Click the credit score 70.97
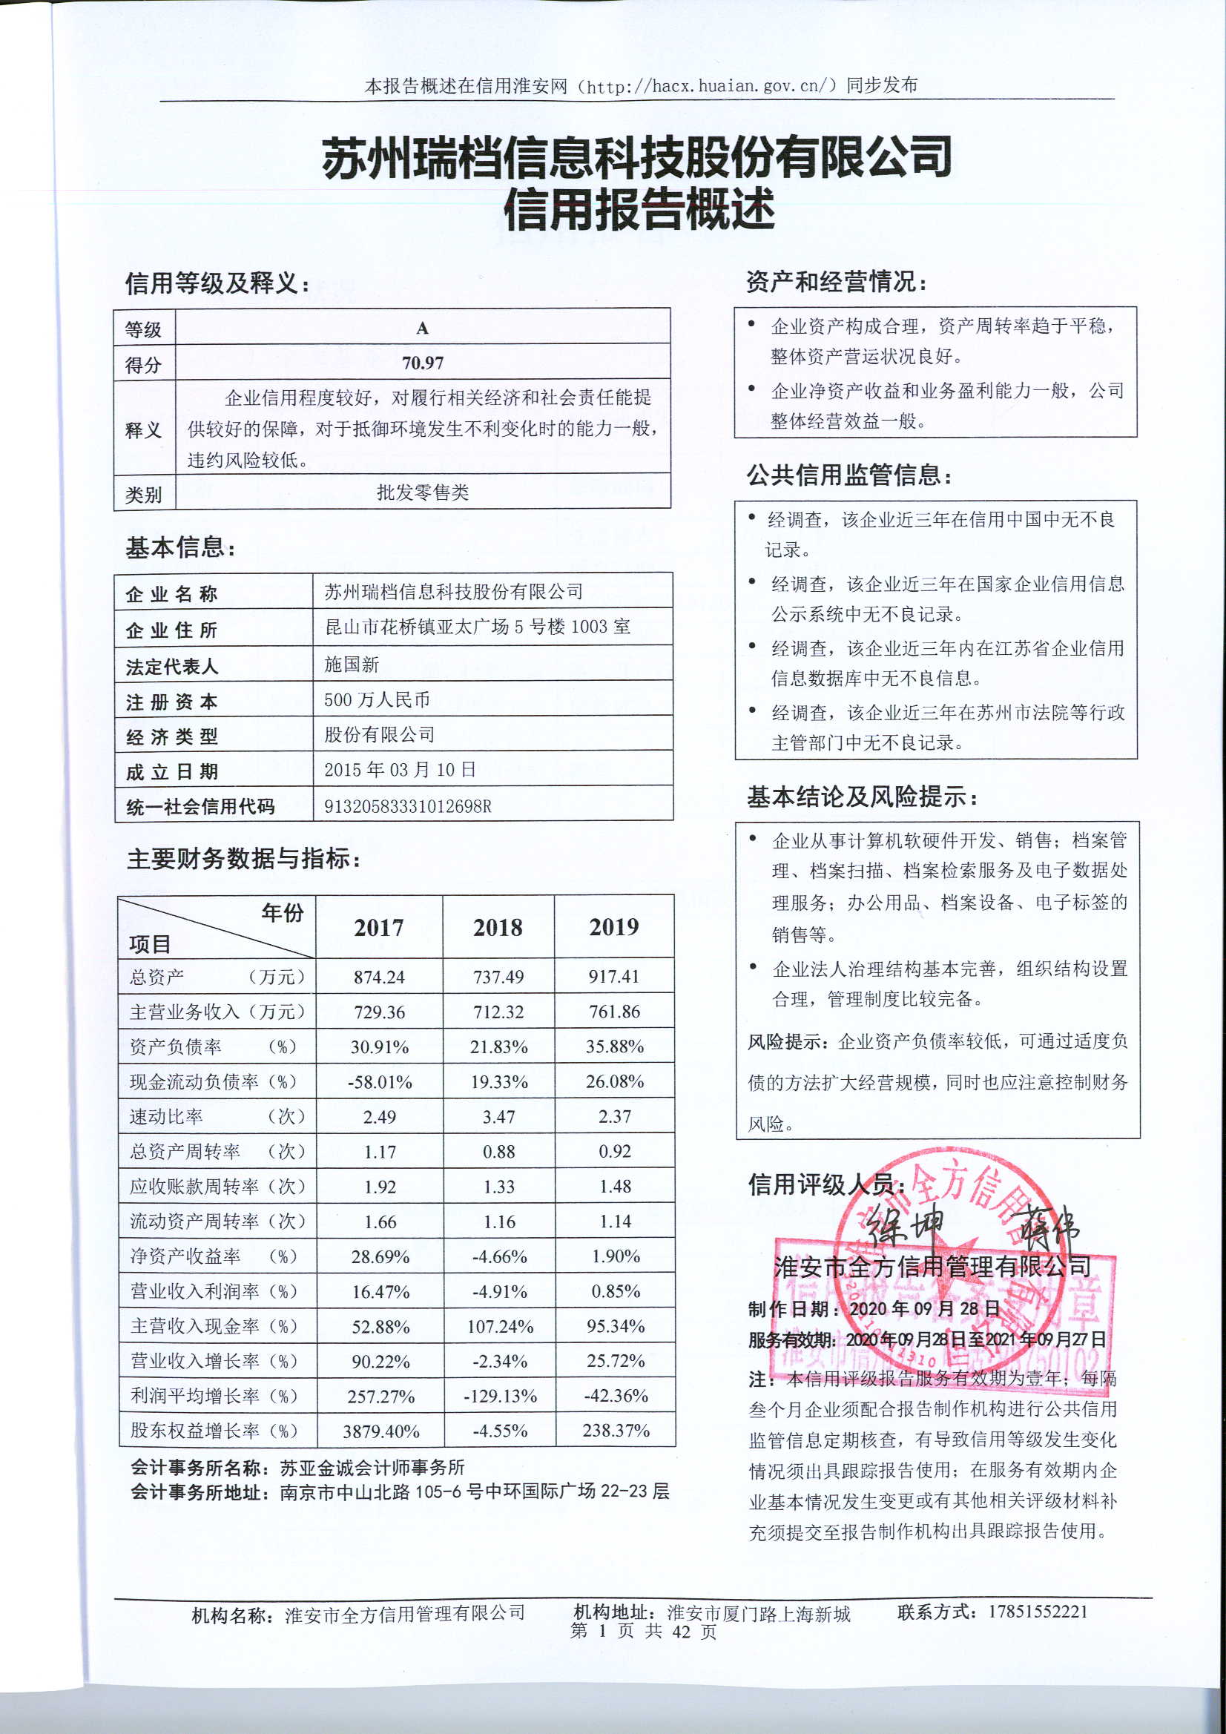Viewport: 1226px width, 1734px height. [422, 363]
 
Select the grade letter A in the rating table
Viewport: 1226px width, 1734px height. [422, 328]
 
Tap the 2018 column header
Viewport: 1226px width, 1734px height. [498, 927]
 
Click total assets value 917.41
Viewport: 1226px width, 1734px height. [614, 977]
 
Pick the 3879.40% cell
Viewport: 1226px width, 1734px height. [380, 1431]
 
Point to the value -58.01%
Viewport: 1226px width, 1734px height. [380, 1082]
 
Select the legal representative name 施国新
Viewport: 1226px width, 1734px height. [352, 664]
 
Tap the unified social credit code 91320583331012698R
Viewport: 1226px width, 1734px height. [408, 806]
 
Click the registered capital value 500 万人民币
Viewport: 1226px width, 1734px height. [377, 699]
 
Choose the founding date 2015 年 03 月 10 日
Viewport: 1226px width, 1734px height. [400, 770]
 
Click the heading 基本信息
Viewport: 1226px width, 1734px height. [180, 547]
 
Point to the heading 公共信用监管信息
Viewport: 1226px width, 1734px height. [849, 475]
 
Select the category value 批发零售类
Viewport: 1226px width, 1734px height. [422, 492]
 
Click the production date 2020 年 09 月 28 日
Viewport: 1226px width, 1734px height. [925, 1309]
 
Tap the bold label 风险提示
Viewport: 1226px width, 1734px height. [788, 1041]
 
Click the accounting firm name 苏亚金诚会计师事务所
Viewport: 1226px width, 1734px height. [372, 1467]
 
